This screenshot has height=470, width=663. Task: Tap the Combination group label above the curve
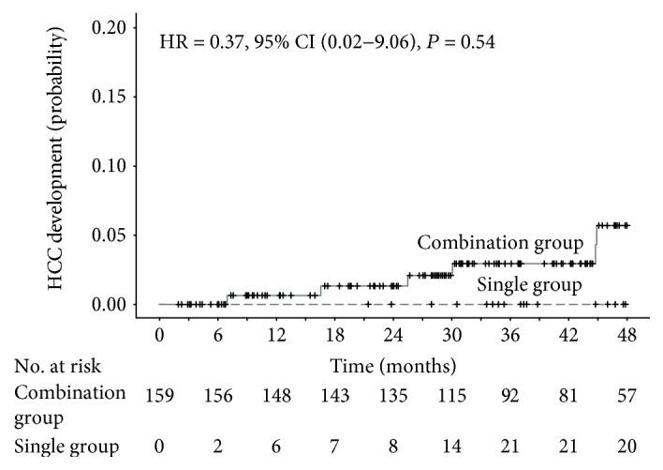pyautogui.click(x=501, y=243)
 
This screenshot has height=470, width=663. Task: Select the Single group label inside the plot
pyautogui.click(x=530, y=284)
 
